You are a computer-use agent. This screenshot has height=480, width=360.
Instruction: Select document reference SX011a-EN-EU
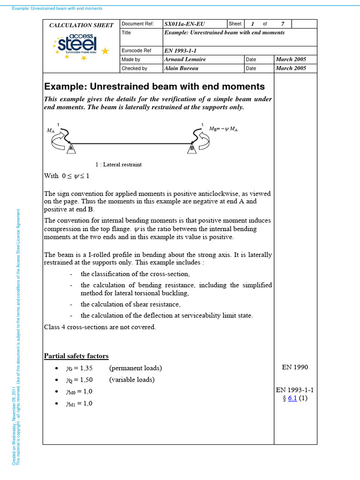[185, 24]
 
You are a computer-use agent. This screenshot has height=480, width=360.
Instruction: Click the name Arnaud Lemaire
[185, 60]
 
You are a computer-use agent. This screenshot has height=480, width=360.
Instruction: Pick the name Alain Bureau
[181, 68]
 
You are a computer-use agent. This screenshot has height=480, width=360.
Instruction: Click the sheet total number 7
[282, 24]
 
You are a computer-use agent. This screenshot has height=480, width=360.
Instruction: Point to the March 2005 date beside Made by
[291, 60]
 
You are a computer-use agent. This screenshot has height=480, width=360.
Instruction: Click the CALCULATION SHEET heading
[82, 25]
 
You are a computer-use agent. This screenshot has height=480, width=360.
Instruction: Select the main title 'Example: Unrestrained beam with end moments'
[154, 87]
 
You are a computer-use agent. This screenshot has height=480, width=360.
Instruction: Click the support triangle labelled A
[71, 148]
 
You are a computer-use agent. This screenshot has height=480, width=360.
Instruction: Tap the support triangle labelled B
[192, 148]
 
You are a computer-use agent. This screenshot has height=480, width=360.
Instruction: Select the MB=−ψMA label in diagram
[223, 128]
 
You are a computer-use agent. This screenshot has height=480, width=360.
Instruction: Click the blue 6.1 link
[292, 398]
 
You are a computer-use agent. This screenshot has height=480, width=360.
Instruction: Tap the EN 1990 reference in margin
[295, 367]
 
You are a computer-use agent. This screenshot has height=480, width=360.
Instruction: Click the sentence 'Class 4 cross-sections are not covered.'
[99, 327]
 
